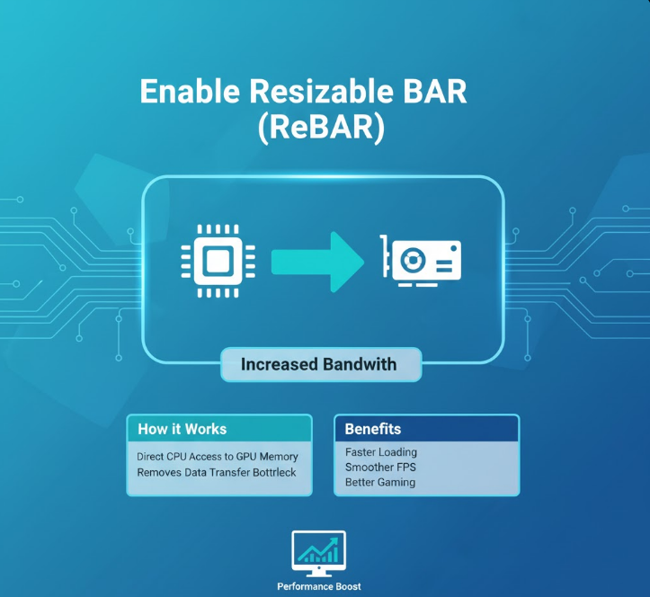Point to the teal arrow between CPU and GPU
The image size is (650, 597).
click(x=316, y=261)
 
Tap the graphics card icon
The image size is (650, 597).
click(x=419, y=261)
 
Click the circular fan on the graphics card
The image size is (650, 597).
click(x=414, y=260)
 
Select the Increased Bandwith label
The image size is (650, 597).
click(x=318, y=365)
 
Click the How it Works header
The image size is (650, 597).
click(x=183, y=429)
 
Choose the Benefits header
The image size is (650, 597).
click(x=373, y=429)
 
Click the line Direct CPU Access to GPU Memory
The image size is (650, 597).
click(x=218, y=457)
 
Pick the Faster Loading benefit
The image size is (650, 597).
click(x=381, y=452)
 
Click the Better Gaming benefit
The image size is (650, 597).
click(x=380, y=483)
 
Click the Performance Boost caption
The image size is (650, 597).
click(x=319, y=587)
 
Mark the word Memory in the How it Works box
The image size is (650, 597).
click(x=278, y=457)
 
